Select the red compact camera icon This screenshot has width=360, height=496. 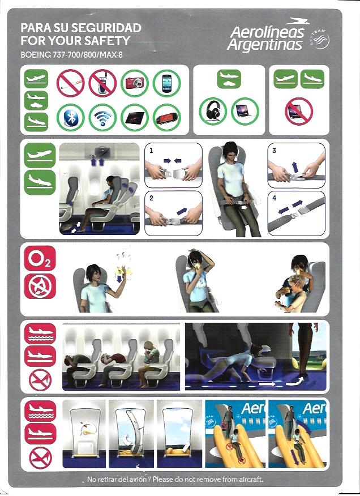point(135,83)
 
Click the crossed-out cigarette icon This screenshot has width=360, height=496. point(71,83)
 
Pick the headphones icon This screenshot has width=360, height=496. point(213,112)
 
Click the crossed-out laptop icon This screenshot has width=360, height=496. point(299,112)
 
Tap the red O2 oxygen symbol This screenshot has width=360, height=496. point(40,258)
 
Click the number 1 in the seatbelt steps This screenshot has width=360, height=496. point(151,151)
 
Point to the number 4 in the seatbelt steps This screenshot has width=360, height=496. point(275,198)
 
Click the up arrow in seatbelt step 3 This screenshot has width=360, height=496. point(295,166)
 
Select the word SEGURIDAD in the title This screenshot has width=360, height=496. point(106,28)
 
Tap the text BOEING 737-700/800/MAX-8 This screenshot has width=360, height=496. point(71,55)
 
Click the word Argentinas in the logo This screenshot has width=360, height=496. point(265,45)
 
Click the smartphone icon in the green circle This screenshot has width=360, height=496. point(167,83)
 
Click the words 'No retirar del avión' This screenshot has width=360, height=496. point(117,479)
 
